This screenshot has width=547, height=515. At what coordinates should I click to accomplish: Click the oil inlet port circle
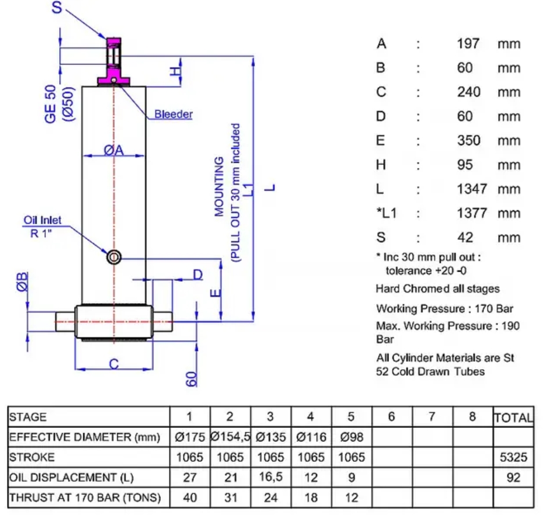coord(114,258)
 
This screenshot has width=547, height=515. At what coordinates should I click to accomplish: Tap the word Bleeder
coord(174,114)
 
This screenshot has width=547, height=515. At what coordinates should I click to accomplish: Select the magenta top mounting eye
coord(114,61)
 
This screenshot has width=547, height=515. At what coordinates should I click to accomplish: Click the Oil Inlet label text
coord(42,220)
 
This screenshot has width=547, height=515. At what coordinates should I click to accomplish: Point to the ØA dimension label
coord(114,150)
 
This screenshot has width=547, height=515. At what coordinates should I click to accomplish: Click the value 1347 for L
coord(472,189)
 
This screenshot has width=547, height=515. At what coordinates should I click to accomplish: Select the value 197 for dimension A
coord(468,44)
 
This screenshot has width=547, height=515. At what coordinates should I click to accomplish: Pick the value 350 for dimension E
coord(469,141)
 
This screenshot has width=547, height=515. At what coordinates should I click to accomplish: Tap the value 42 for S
coord(465,237)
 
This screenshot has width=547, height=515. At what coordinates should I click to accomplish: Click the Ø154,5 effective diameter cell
coord(231,437)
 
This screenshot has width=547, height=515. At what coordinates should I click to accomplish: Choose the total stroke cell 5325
coord(513,457)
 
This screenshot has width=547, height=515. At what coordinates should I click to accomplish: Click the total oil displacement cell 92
coord(513,477)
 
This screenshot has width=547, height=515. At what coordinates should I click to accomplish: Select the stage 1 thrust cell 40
coord(190,498)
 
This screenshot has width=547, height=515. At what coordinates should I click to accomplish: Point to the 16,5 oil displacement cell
coord(271,477)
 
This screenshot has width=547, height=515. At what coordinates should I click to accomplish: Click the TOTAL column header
coord(513,417)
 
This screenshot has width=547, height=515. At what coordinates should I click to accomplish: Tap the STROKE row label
coord(32,457)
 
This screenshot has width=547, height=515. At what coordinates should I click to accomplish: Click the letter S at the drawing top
coord(57,7)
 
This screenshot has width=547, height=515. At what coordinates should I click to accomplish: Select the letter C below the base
coord(114,364)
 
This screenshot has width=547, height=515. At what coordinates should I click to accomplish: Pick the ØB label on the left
coord(22,282)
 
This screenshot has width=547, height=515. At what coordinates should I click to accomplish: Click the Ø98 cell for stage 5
coord(352,437)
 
